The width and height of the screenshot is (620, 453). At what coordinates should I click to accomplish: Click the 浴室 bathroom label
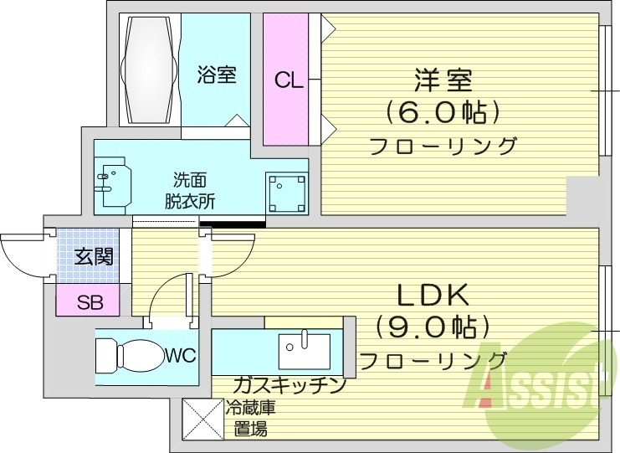click(x=217, y=75)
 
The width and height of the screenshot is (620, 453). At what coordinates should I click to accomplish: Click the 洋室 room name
click(x=443, y=81)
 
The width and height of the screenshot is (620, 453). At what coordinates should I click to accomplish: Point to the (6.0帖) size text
click(x=443, y=112)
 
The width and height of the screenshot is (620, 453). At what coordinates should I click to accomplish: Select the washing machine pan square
click(x=284, y=193)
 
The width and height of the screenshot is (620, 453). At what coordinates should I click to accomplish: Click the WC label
click(x=180, y=356)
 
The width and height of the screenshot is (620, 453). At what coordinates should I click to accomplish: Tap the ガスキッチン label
click(x=289, y=386)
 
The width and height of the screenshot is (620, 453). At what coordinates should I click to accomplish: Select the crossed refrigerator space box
click(x=202, y=419)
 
